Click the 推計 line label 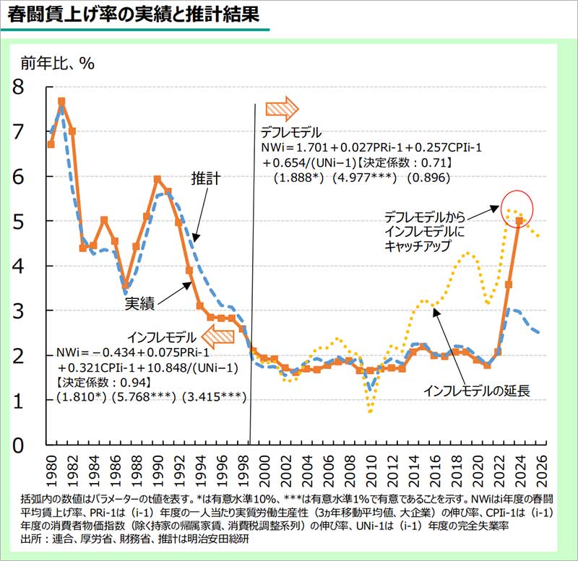pos(205,178)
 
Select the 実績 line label pos(140,304)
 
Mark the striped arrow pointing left pos(217,336)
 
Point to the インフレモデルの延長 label pos(477,391)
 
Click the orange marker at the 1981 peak pos(61,102)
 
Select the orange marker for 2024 pos(519,220)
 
